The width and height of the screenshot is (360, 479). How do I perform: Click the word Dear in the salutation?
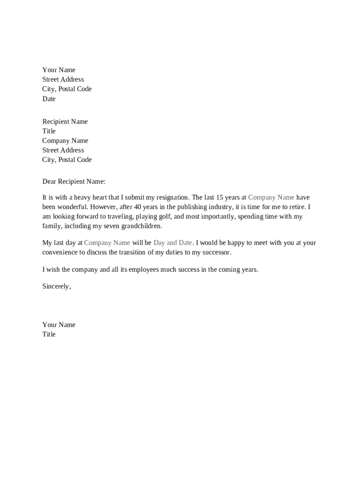[x=49, y=181]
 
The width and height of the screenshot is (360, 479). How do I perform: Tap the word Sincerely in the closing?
[x=56, y=286]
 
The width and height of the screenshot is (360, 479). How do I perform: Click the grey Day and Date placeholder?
[x=173, y=243]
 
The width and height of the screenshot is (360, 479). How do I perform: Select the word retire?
[x=298, y=207]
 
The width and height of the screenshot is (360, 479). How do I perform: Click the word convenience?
[x=61, y=252]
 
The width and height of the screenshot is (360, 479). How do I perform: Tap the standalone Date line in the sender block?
[x=49, y=99]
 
